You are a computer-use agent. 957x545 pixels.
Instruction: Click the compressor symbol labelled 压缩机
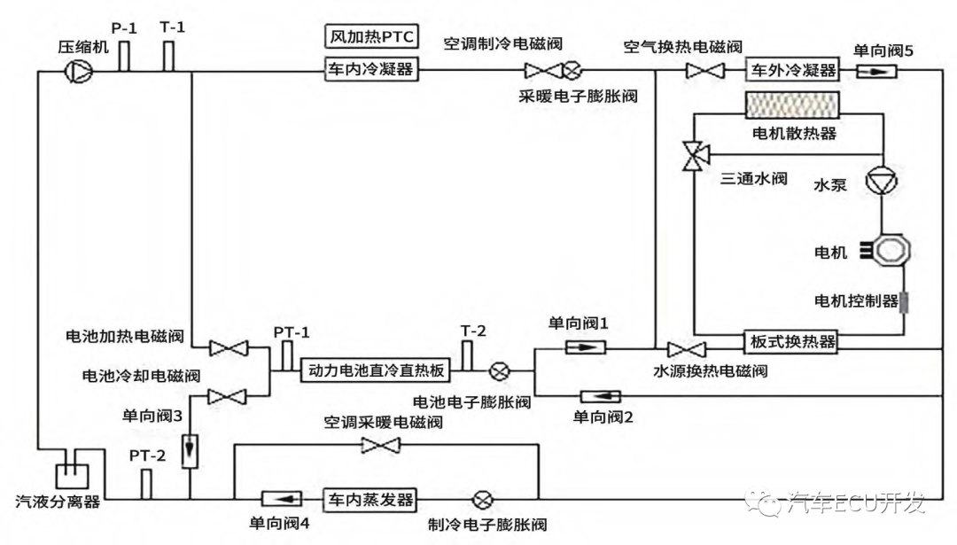pyautogui.click(x=79, y=72)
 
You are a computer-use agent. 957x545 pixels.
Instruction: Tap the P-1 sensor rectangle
pyautogui.click(x=124, y=56)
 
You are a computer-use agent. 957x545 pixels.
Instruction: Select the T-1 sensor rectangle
pyautogui.click(x=168, y=56)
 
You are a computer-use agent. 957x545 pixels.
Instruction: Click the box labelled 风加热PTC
pyautogui.click(x=371, y=36)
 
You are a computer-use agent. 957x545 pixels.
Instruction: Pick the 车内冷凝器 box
pyautogui.click(x=371, y=70)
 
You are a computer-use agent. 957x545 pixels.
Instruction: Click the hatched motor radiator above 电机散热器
pyautogui.click(x=792, y=105)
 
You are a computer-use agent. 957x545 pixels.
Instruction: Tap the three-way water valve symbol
pyautogui.click(x=695, y=156)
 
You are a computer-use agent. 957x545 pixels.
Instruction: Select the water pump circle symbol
pyautogui.click(x=882, y=182)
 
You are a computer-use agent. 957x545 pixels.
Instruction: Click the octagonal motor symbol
pyautogui.click(x=891, y=250)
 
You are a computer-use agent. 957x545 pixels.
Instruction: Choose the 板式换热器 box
pyautogui.click(x=790, y=342)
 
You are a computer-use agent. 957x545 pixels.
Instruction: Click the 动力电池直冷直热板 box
pyautogui.click(x=376, y=370)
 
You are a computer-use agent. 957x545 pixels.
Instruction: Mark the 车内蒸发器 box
pyautogui.click(x=370, y=500)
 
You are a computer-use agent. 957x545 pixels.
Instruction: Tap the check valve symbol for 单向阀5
pyautogui.click(x=876, y=72)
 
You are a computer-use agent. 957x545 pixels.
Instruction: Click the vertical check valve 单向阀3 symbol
pyautogui.click(x=190, y=451)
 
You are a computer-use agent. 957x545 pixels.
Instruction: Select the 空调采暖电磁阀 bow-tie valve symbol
pyautogui.click(x=380, y=446)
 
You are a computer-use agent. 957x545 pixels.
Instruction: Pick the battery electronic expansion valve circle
pyautogui.click(x=499, y=370)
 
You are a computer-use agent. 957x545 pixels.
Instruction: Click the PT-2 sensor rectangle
pyautogui.click(x=146, y=485)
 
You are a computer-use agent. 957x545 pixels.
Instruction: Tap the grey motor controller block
pyautogui.click(x=904, y=302)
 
